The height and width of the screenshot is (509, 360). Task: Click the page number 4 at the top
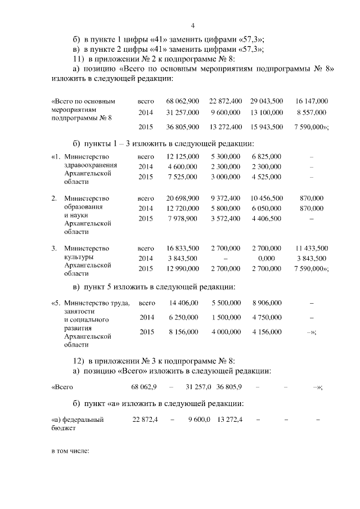192,25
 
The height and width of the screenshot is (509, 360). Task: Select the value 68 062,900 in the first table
183,101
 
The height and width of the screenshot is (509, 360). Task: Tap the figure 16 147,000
311,101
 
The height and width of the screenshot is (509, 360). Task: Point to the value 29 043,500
267,101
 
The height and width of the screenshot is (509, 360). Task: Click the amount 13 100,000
267,112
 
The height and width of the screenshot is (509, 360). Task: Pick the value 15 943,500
267,127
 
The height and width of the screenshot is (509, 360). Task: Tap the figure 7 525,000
183,177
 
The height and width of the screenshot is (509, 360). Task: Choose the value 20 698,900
183,199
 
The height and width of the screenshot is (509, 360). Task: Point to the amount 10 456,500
267,199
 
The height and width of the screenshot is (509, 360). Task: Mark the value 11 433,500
311,248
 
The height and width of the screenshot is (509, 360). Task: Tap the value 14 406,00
183,303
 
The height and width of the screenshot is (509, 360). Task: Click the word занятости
79,311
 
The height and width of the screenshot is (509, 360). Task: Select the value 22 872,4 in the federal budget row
145,419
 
